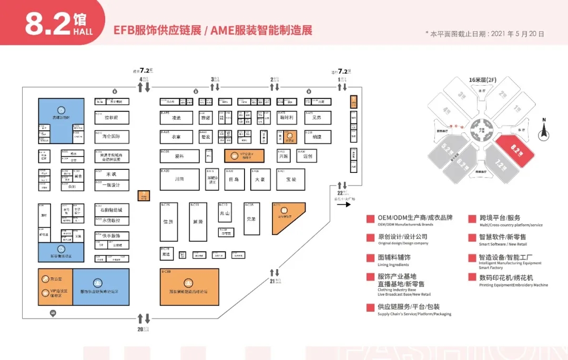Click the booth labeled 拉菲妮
pos(111,118)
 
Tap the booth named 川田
pos(179,179)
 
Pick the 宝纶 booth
pos(291,179)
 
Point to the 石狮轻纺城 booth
pos(111,210)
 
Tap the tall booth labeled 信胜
pos(168,221)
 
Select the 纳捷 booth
pos(317,137)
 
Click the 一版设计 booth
pos(111,185)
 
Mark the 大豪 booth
pos(260,179)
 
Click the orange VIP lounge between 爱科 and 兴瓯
pos(244,156)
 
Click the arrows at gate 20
pos(144,318)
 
